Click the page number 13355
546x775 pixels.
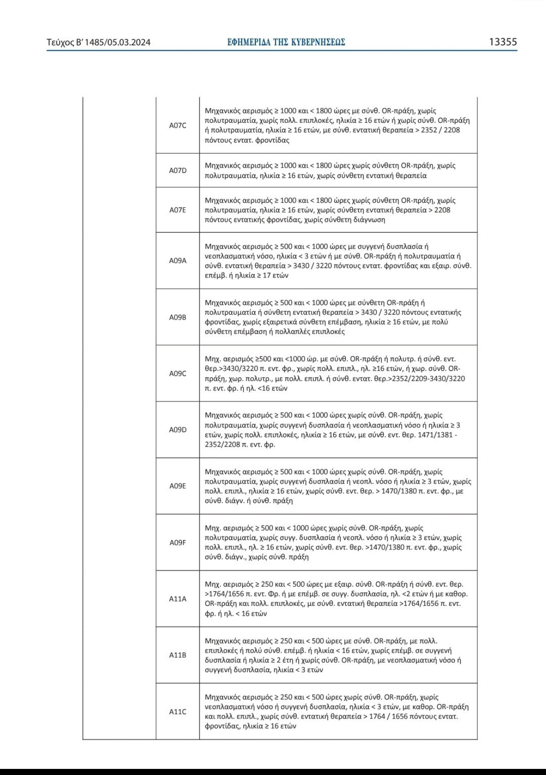(503, 42)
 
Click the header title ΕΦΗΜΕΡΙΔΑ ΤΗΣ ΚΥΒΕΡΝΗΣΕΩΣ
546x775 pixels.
(286, 43)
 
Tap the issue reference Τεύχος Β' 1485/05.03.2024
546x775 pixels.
(98, 43)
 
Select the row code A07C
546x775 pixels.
(177, 125)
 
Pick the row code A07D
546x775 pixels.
(177, 171)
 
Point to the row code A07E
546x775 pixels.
(177, 210)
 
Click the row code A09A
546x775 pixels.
(177, 261)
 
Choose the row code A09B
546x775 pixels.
(177, 317)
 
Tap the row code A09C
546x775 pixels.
(177, 374)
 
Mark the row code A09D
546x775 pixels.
(177, 430)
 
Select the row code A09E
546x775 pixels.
(177, 486)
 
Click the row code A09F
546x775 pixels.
(177, 543)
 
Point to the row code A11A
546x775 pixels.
(177, 599)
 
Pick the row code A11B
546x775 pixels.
(177, 655)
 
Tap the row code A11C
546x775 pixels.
(177, 711)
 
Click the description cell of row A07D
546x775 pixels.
(338, 171)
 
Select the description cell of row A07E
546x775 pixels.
(338, 210)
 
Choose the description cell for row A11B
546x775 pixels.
(338, 655)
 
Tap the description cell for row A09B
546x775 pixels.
(338, 317)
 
